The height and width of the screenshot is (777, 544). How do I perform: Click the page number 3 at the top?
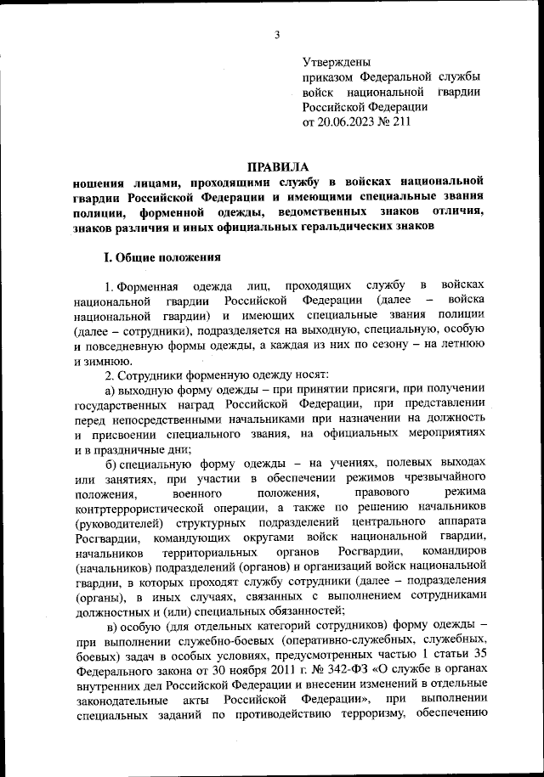point(278,34)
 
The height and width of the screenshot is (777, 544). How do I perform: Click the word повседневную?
point(119,346)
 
